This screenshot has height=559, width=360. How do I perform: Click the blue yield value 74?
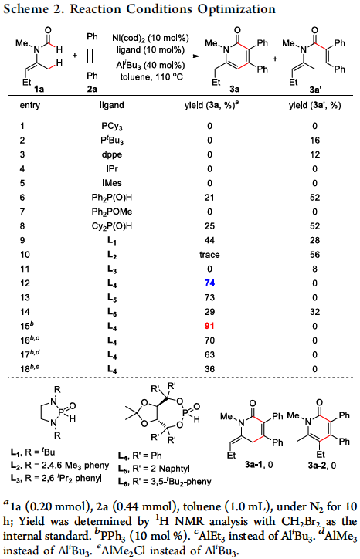(209, 283)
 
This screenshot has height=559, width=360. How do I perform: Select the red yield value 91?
(209, 326)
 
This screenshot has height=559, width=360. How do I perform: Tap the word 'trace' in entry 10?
(209, 255)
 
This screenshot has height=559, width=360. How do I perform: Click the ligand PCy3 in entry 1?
(112, 126)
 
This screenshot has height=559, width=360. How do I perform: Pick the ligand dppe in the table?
(112, 155)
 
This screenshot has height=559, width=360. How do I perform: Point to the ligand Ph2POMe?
(112, 212)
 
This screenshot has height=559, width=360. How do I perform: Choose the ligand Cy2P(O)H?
(112, 226)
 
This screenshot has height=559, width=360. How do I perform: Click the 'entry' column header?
(30, 106)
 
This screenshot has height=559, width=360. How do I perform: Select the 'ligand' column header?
(112, 105)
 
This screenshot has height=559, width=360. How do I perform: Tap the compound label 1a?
(39, 89)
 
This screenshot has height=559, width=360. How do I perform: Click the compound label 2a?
(92, 89)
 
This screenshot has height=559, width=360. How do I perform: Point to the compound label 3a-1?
(253, 465)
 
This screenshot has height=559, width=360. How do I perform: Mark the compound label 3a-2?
(318, 466)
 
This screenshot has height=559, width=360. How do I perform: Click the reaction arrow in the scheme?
(151, 56)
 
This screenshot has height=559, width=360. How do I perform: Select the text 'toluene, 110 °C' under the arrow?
(151, 76)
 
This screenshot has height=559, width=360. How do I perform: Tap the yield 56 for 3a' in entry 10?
(314, 255)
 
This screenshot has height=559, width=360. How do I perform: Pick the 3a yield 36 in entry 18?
(209, 369)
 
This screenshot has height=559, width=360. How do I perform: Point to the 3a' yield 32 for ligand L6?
(314, 312)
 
